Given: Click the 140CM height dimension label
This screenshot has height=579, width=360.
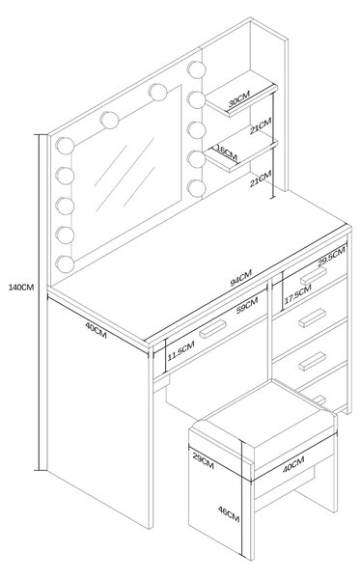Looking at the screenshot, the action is click(21, 287).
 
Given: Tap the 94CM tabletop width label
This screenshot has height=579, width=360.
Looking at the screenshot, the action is click(240, 278).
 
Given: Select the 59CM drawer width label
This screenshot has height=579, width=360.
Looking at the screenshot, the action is click(247, 305).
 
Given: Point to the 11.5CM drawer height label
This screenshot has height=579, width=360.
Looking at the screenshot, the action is click(180, 351).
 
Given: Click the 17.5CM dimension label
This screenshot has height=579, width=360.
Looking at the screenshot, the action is click(297, 294).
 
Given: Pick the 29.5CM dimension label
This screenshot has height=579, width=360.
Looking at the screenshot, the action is click(331, 257).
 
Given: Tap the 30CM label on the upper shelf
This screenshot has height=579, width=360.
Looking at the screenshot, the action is click(238, 98).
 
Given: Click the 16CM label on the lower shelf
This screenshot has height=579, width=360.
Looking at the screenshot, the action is click(227, 152).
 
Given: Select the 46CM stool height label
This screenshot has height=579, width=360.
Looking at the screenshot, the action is click(229, 514).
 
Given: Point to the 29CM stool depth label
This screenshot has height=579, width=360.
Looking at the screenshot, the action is click(203, 460).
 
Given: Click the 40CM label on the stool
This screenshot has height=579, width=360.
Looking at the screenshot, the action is click(293, 464).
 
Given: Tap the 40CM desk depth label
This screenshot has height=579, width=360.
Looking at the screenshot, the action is click(96, 330).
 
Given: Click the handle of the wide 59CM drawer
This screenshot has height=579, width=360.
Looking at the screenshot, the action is click(212, 329).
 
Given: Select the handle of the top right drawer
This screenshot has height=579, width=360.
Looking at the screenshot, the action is click(313, 275).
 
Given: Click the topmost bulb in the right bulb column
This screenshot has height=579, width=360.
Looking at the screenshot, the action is click(196, 69).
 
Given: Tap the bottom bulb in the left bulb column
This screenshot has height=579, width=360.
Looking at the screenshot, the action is click(65, 264).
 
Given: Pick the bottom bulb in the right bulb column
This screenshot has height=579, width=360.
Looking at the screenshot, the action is click(196, 188).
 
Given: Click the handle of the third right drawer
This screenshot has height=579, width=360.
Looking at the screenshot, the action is click(312, 361).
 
